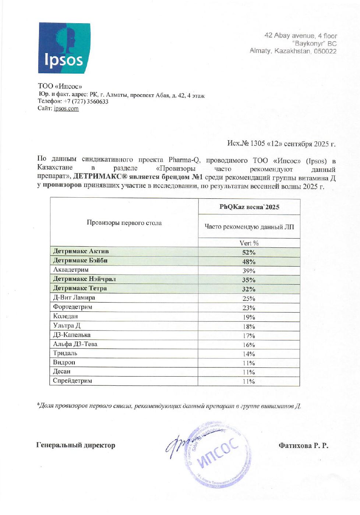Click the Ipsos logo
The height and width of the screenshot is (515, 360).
point(64,48)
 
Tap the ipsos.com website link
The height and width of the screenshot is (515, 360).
point(66,109)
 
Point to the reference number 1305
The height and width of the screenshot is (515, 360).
point(258,144)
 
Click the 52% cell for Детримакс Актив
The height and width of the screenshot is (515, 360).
point(249,253)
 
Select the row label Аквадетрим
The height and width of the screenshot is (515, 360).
point(71,270)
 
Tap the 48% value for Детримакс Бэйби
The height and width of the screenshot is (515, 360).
point(249,262)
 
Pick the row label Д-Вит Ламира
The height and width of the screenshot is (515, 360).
point(74,297)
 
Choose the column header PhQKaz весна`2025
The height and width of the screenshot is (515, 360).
point(249,207)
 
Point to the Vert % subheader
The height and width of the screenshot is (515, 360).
point(249,243)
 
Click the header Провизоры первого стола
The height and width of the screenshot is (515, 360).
point(124,223)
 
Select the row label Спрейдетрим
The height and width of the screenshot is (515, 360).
point(73,381)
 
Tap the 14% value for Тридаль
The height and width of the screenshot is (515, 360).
point(249,354)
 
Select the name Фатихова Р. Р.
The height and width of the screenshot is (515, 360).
point(303,446)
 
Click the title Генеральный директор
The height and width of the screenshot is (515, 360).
point(76,445)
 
